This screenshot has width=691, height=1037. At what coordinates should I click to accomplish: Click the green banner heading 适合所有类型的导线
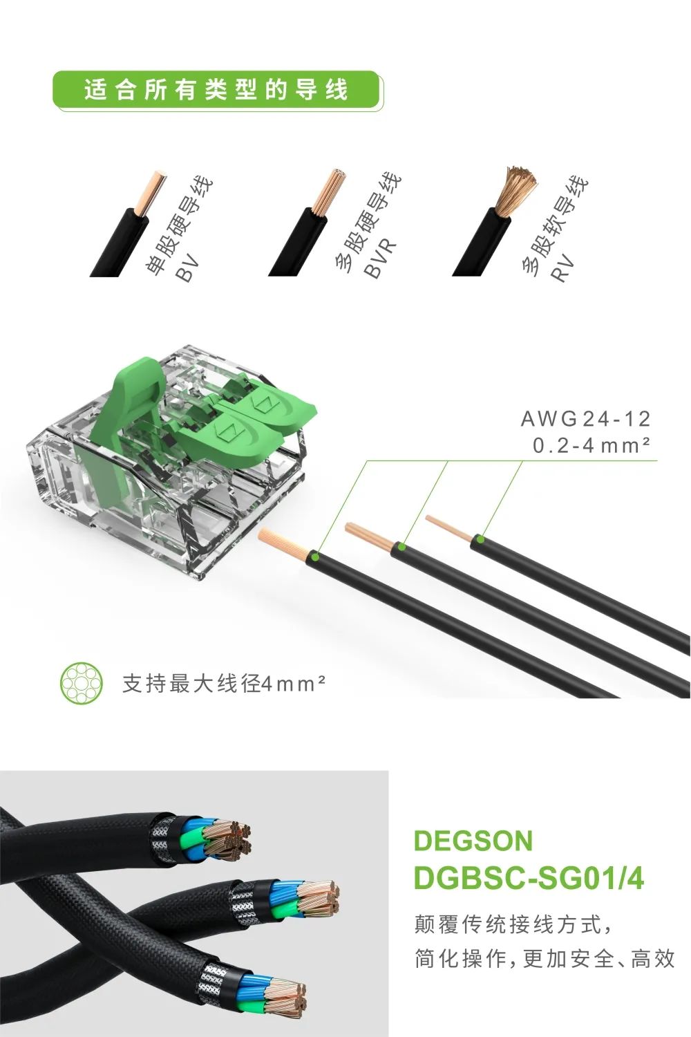[216, 90]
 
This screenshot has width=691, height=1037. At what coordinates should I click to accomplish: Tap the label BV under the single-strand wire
[187, 268]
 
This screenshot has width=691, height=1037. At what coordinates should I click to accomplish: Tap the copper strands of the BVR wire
[328, 191]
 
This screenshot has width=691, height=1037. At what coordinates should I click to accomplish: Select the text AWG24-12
[585, 419]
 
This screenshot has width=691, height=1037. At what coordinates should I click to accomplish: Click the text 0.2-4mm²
[591, 445]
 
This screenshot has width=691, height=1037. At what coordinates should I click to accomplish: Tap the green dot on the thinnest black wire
[480, 539]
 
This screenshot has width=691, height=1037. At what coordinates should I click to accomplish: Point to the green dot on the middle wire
[401, 548]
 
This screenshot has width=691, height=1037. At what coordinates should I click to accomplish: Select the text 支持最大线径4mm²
[224, 684]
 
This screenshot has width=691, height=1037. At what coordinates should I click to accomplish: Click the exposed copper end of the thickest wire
[284, 542]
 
